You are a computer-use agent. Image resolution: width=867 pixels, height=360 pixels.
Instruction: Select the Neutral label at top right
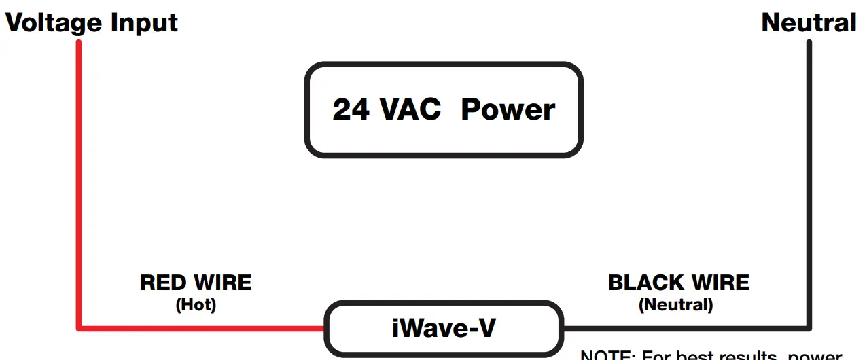click(809, 23)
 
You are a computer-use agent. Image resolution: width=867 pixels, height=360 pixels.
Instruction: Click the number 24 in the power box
click(351, 109)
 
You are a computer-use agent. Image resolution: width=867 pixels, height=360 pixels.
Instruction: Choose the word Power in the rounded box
click(508, 109)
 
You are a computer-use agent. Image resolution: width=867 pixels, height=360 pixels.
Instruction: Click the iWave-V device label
click(444, 329)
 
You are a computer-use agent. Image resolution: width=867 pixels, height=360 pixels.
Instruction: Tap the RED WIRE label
click(196, 283)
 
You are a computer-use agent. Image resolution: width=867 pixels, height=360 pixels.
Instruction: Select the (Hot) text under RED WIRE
click(196, 305)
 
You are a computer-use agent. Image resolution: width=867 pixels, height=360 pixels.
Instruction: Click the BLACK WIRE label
click(678, 283)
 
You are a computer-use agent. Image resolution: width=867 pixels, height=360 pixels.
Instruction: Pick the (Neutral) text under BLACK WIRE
click(675, 305)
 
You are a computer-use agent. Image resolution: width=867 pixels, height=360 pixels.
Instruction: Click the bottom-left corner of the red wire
click(79, 329)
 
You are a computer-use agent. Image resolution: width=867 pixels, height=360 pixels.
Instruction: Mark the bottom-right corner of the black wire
click(809, 329)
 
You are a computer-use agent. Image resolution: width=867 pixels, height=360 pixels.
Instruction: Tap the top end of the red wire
click(79, 43)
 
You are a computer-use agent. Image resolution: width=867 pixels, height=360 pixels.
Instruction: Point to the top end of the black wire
click(809, 43)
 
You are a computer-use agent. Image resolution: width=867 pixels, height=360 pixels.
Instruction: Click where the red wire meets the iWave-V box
click(324, 329)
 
